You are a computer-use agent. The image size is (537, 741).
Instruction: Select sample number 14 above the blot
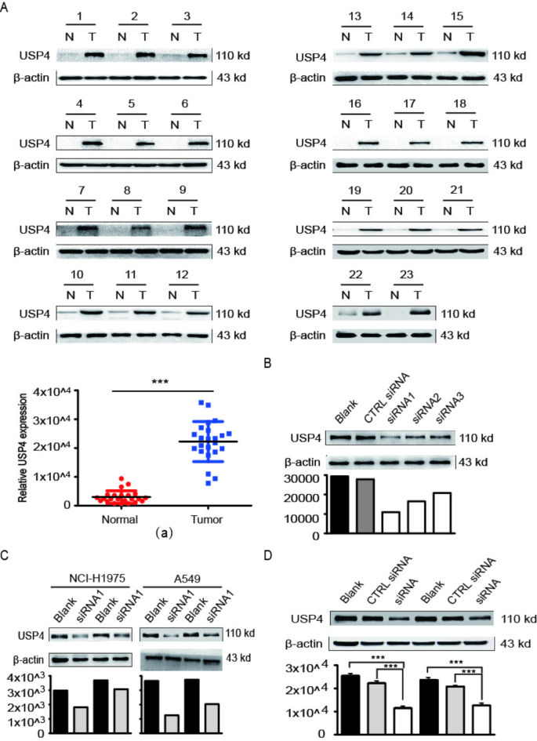[408, 16]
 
